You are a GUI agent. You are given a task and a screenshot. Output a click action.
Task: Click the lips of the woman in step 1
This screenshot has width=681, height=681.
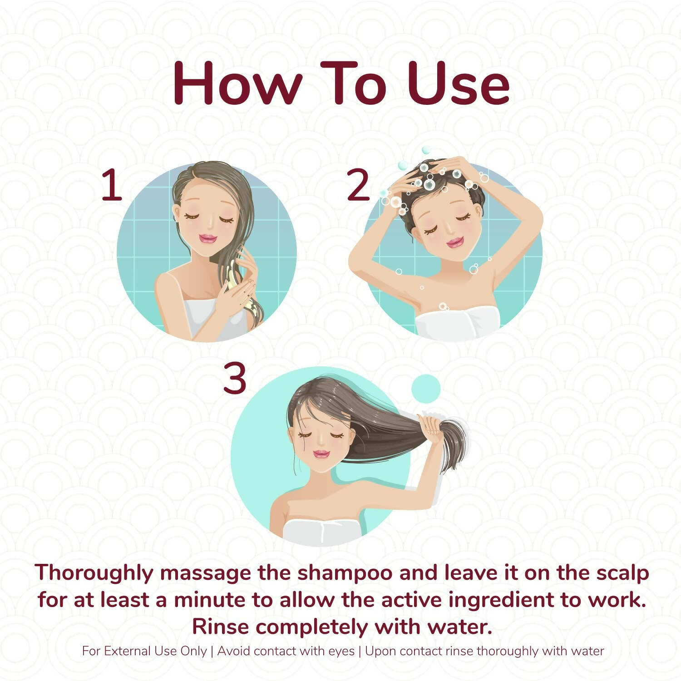[x=208, y=238]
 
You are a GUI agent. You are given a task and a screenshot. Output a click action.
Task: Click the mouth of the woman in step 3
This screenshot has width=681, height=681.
[x=321, y=454]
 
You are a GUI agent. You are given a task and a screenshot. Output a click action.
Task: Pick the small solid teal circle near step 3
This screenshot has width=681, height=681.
[x=426, y=389]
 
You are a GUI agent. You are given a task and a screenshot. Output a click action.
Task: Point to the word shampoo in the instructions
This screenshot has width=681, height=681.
[x=345, y=572]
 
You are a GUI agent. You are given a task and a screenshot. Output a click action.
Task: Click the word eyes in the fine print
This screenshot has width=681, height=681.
[x=341, y=651]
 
